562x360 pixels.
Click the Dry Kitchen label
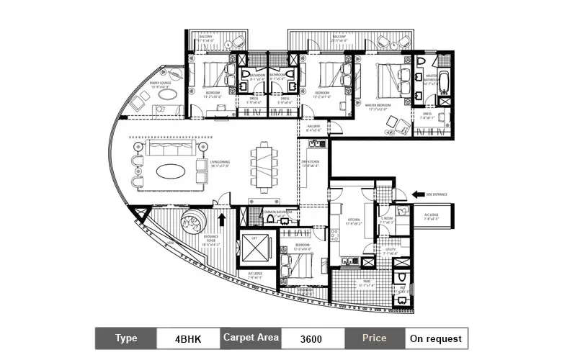click(x=310, y=165)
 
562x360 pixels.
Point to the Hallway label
click(x=312, y=127)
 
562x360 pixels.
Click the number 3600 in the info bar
click(x=311, y=338)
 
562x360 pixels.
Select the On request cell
click(x=436, y=338)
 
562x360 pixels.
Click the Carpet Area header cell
click(x=250, y=338)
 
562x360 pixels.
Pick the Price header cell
click(x=374, y=338)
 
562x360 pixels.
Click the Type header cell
click(x=126, y=338)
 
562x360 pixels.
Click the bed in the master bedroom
click(x=388, y=79)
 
